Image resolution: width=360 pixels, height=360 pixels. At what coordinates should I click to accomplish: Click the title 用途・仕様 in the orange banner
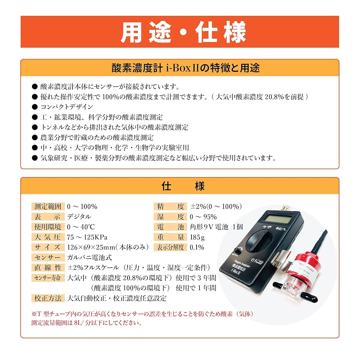coord(180,32)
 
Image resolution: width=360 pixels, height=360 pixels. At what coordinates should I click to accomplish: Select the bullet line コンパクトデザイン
coord(67,107)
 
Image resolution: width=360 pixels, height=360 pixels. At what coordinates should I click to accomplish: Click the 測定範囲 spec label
coord(48,207)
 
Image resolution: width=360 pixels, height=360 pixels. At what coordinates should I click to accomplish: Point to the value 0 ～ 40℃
coord(81,227)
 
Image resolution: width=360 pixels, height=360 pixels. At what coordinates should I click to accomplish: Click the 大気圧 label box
coord(48,237)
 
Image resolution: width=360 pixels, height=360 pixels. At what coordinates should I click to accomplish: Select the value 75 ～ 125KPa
coord(87,237)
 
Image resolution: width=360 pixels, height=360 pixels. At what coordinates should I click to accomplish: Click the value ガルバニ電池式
coord(89,257)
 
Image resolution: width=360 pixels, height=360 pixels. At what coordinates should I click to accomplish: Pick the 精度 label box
coord(170,207)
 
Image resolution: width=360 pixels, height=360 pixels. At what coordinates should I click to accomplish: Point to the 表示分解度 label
coord(170,247)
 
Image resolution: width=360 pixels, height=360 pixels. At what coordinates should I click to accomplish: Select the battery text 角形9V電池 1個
coord(216,227)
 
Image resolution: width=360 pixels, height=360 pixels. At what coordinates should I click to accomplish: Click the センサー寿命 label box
coord(48,278)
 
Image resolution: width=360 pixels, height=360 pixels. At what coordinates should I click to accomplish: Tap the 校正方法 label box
coord(48,298)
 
